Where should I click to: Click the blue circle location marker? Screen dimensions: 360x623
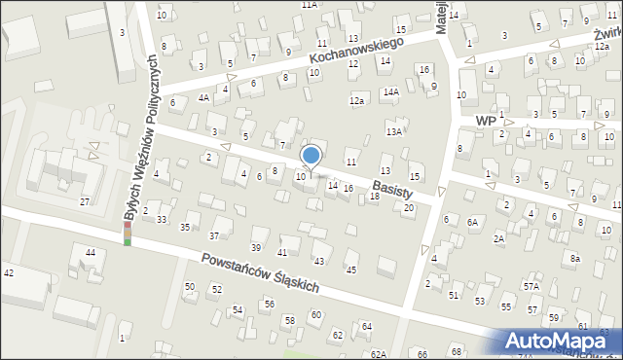(311, 155)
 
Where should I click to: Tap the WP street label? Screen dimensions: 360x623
(486, 120)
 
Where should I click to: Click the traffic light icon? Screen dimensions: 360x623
(127, 234)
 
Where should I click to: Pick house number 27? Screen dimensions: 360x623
(85, 201)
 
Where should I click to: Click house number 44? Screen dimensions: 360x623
(90, 253)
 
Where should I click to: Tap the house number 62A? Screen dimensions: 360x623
(378, 354)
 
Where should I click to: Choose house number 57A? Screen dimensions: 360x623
(531, 287)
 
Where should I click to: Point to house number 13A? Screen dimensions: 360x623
(393, 131)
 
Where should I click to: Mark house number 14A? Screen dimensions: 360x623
(390, 92)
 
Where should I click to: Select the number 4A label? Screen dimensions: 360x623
(203, 97)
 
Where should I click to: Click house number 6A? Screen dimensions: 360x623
(473, 222)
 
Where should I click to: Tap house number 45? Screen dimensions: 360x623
(351, 270)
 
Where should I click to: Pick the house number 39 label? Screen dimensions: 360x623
(256, 246)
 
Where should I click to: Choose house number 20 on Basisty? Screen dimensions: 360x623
(409, 208)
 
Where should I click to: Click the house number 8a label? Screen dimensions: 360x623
(575, 258)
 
